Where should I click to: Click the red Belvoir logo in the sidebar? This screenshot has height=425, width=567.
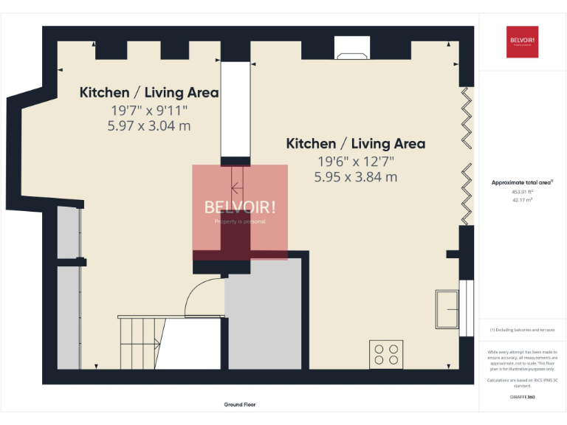(x=522, y=42)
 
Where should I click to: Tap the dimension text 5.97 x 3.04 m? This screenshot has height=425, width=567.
(x=149, y=125)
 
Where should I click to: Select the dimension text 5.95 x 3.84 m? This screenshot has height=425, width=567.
(x=356, y=177)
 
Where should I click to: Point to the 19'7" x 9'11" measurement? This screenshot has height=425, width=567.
(x=149, y=110)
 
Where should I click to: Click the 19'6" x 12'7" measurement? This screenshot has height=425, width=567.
(x=356, y=161)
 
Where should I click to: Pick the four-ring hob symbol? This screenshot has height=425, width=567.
(x=386, y=353)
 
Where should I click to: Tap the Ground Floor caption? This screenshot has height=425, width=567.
(x=240, y=404)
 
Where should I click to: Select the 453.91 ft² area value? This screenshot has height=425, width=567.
(x=522, y=192)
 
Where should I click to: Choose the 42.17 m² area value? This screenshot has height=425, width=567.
(x=522, y=199)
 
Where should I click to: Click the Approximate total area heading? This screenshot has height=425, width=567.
(x=522, y=182)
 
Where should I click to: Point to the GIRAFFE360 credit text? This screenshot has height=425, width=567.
(x=522, y=397)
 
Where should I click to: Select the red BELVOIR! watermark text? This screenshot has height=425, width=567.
(x=240, y=207)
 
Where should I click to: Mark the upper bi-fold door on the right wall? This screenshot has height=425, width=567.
(x=467, y=117)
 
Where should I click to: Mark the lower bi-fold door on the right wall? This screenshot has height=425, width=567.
(x=467, y=193)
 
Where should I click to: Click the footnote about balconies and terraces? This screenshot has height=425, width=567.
(x=522, y=330)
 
